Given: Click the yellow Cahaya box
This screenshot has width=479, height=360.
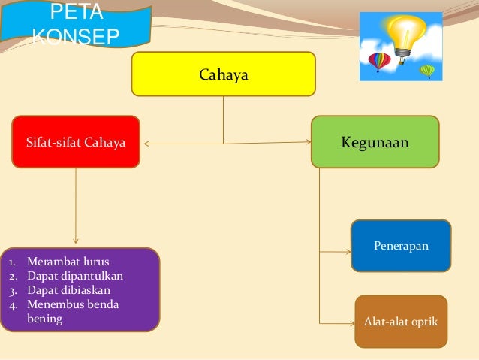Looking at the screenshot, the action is click(x=223, y=74).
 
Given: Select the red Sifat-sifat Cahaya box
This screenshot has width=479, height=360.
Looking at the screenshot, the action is click(x=76, y=141).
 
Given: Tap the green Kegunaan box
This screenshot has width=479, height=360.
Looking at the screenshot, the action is click(x=375, y=141).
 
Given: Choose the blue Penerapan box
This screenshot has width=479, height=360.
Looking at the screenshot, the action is click(x=401, y=245).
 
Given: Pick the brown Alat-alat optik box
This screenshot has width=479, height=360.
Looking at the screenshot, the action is click(x=401, y=322).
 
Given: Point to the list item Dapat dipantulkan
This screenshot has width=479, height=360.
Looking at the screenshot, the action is click(x=75, y=276).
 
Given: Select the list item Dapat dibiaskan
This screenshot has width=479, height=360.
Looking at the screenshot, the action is click(x=68, y=290).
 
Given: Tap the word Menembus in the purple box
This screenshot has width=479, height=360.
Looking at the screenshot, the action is click(x=54, y=304).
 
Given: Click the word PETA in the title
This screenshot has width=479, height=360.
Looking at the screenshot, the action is click(x=68, y=15).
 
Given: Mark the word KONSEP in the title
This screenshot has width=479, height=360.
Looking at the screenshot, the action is click(x=75, y=37).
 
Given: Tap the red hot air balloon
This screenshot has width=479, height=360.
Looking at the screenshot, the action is click(x=378, y=61).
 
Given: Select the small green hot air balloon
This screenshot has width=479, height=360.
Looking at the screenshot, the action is click(x=427, y=71).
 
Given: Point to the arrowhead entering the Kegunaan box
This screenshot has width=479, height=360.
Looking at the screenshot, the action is click(x=308, y=143).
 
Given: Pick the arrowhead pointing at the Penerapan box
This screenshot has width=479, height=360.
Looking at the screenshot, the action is click(x=348, y=250).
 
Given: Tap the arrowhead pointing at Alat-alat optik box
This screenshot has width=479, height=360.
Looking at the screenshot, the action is click(x=351, y=323).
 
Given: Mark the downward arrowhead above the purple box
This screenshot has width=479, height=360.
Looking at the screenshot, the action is click(x=75, y=244).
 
